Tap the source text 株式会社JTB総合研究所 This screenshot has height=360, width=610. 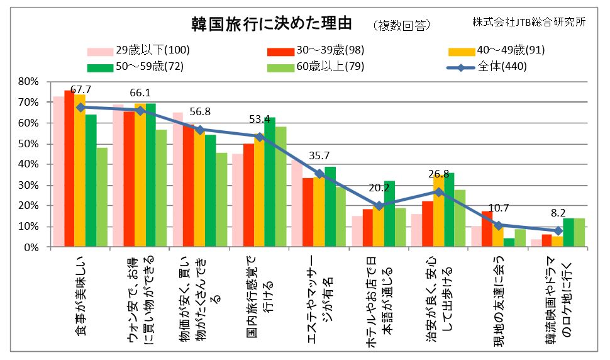[x=530, y=21]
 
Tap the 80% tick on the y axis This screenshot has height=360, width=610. [x=29, y=81]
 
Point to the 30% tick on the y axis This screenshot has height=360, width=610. [x=29, y=185]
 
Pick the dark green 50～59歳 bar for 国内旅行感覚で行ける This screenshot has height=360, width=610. [x=270, y=182]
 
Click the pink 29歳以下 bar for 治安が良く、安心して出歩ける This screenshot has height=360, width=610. [x=416, y=230]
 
